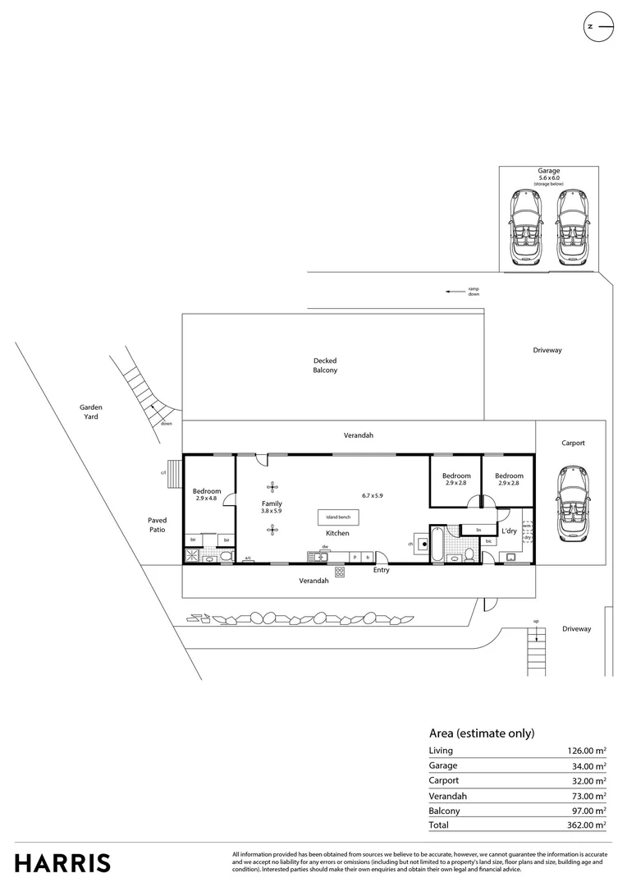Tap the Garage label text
549,171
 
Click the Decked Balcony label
325,365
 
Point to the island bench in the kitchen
337,517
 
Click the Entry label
382,570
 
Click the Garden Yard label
90,411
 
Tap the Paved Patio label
157,525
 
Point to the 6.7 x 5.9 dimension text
373,495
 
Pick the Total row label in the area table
438,825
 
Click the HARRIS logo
62,863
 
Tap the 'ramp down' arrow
451,291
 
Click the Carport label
573,443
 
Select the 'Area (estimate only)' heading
482,733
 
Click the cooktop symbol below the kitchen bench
339,572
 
